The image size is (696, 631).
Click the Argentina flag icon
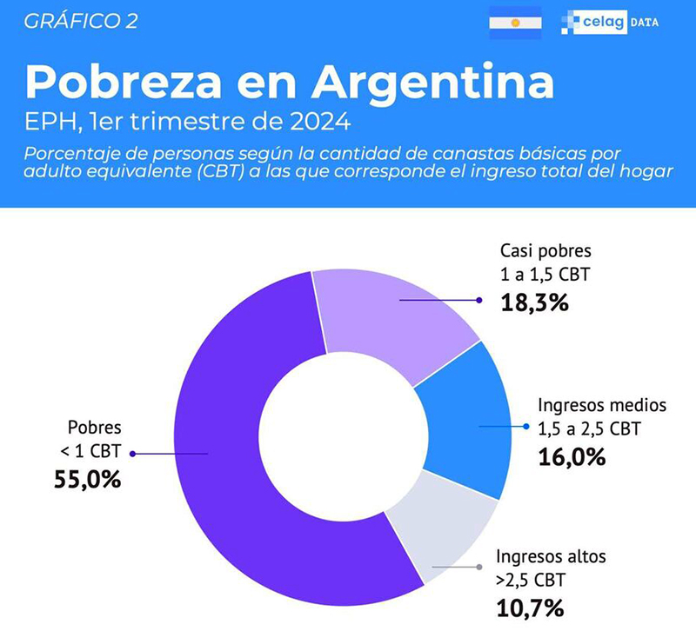(515, 22)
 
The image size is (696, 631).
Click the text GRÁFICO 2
(81, 22)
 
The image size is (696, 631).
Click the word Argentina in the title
(432, 83)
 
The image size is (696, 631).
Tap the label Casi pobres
(545, 252)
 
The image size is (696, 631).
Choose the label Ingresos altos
(550, 555)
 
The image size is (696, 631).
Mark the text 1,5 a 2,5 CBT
(591, 428)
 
